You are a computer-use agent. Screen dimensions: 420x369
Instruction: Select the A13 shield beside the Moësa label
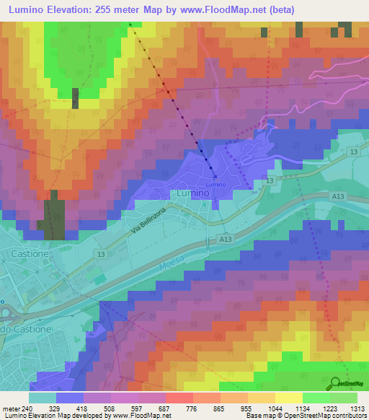(x=224, y=239)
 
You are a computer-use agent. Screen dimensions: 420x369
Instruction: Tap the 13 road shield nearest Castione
(x=102, y=254)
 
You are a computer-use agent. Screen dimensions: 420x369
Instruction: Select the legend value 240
(x=27, y=408)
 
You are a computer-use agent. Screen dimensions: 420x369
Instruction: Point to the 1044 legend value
(x=275, y=408)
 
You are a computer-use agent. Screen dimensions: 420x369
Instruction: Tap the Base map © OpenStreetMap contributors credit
(x=306, y=416)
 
